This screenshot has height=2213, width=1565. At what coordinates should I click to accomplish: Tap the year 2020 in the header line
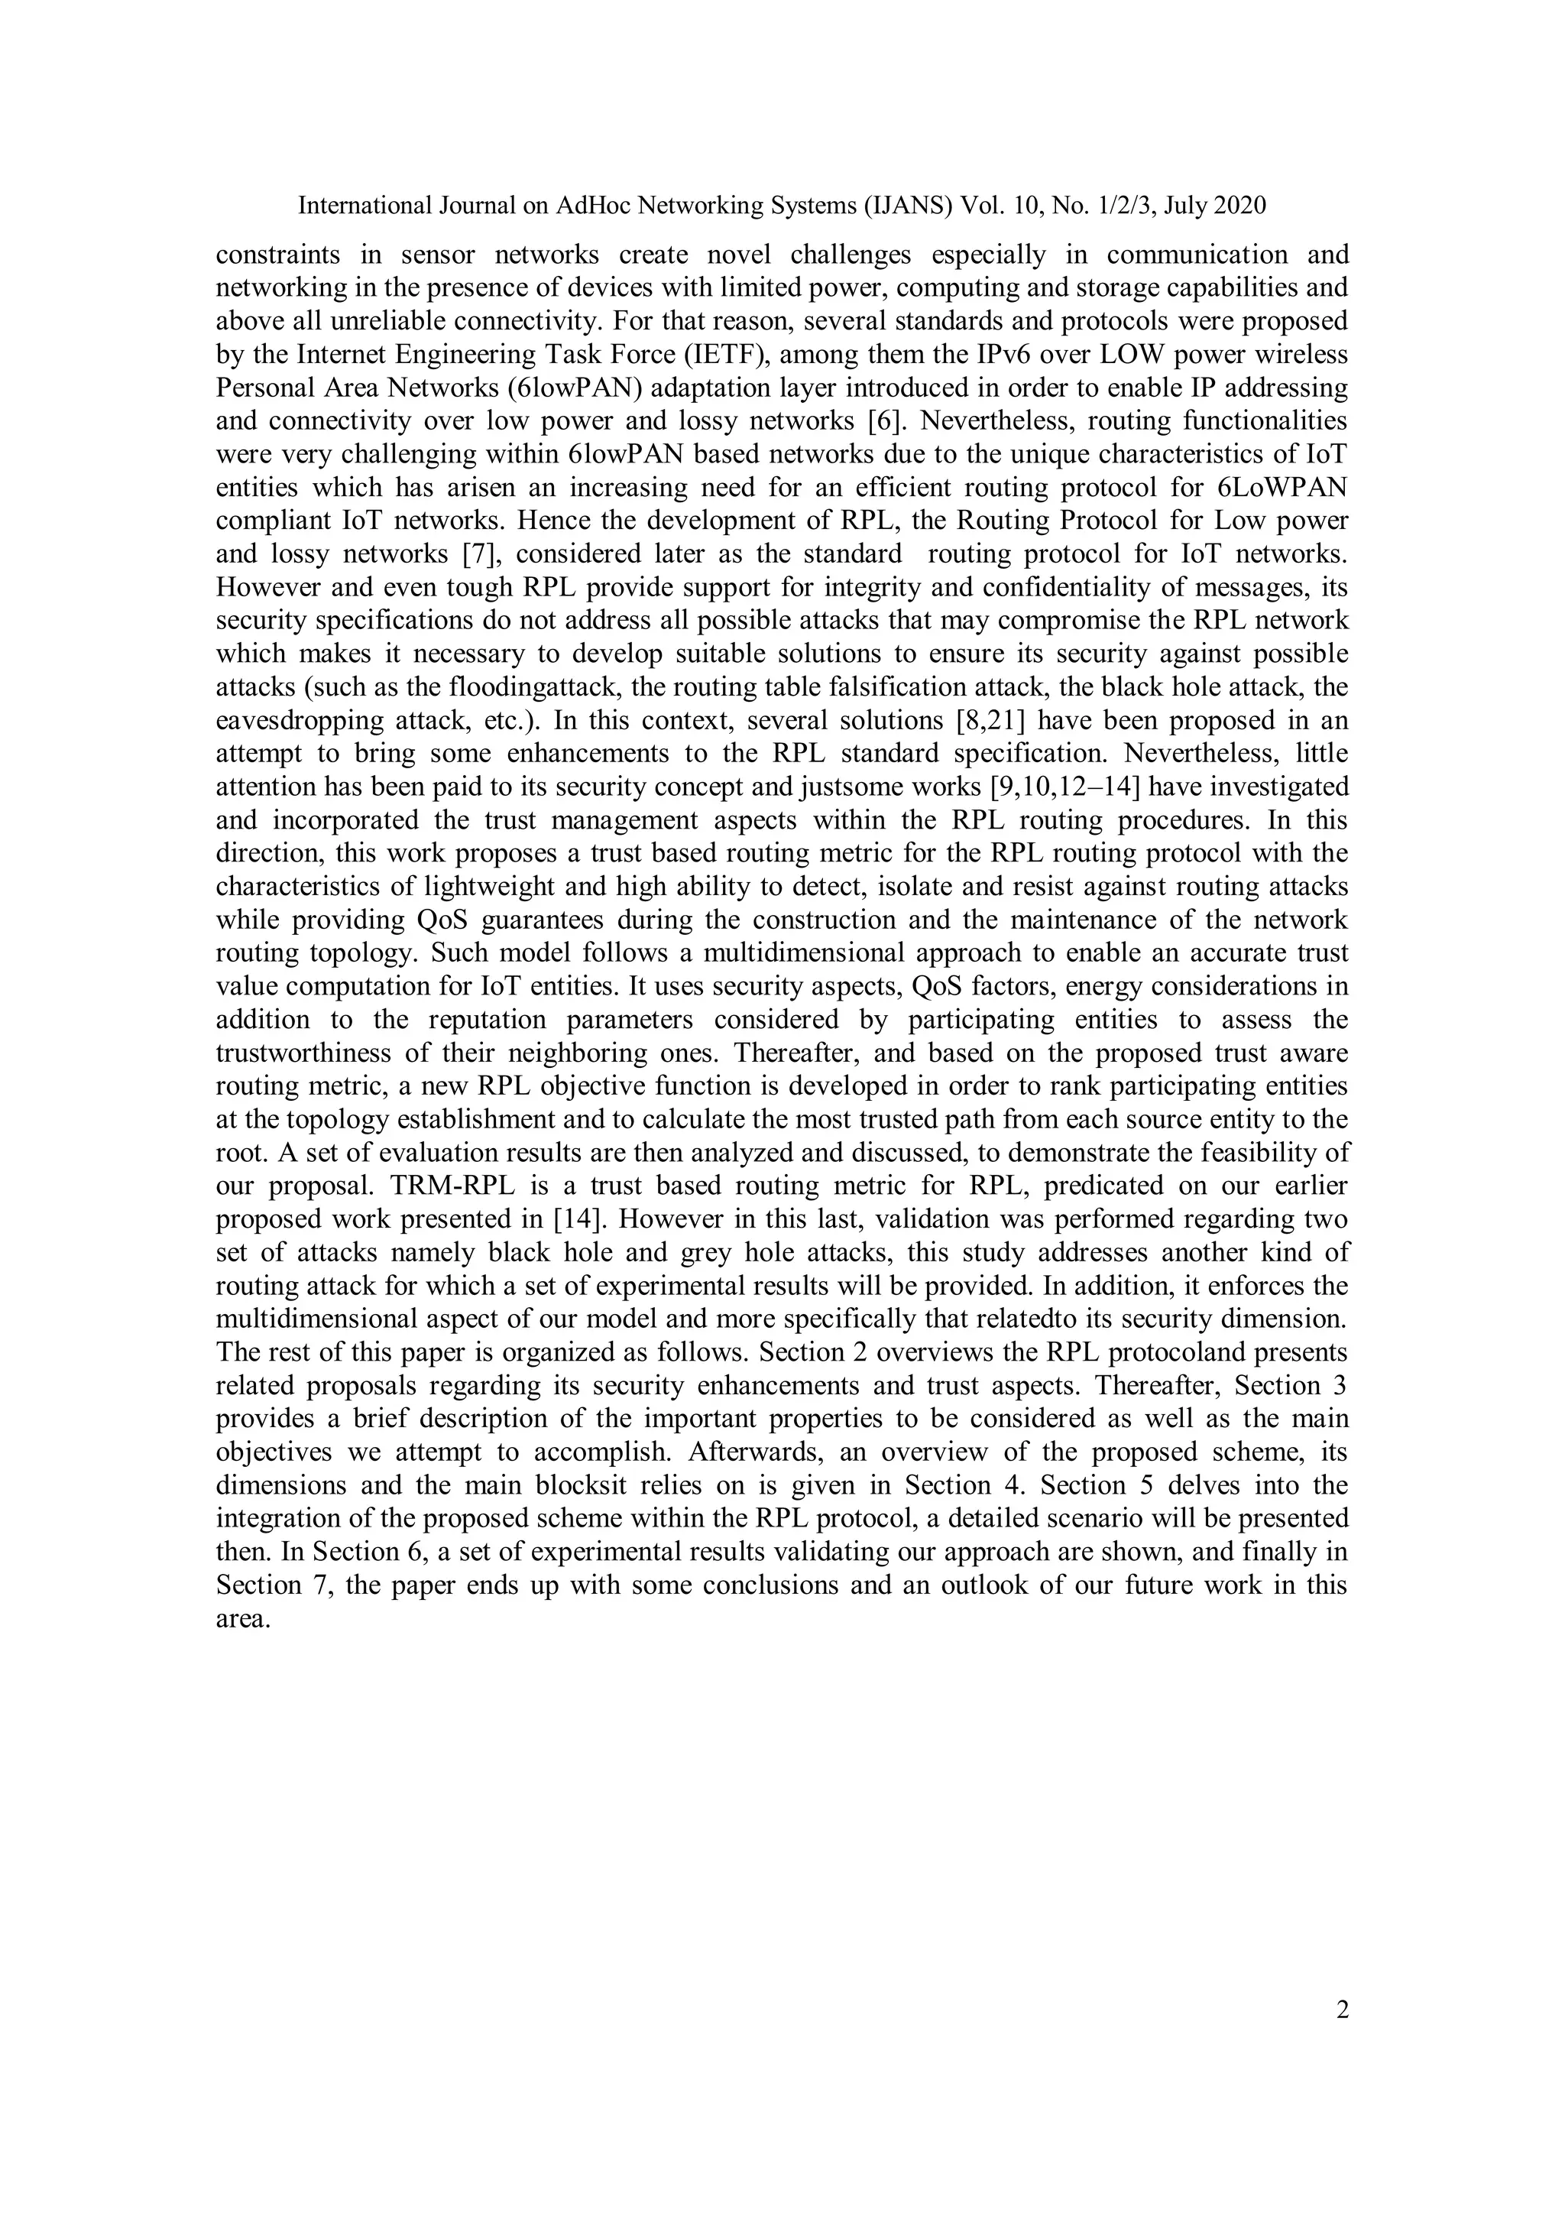pyautogui.click(x=1239, y=206)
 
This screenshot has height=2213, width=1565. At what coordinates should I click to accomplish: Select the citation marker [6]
pyautogui.click(x=877, y=421)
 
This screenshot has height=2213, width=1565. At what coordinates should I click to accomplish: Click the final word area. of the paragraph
pyautogui.click(x=242, y=1618)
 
